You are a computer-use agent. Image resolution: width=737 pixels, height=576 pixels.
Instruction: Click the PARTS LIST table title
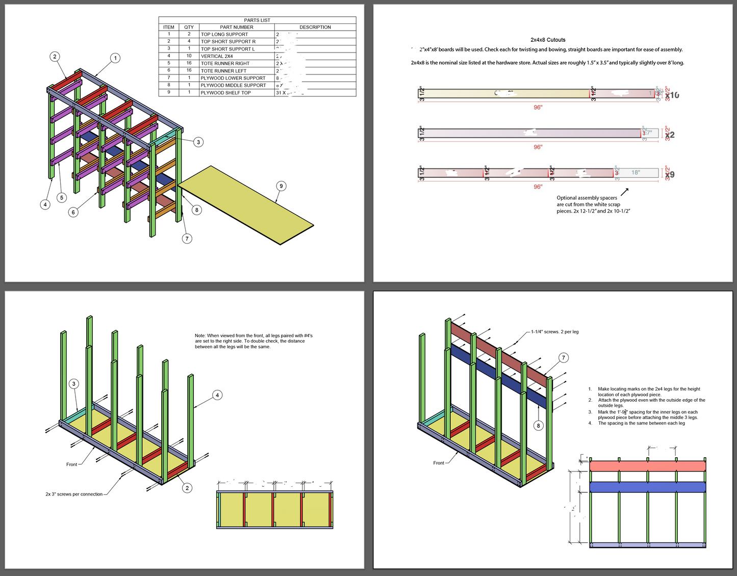pyautogui.click(x=257, y=20)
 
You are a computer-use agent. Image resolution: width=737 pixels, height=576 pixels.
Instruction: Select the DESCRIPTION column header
pyautogui.click(x=315, y=27)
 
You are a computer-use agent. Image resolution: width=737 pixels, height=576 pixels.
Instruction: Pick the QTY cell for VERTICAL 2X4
pyautogui.click(x=189, y=56)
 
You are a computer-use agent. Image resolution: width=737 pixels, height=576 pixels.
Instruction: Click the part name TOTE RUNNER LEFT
pyautogui.click(x=223, y=71)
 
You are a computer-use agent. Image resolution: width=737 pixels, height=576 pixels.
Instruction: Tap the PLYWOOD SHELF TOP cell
pyautogui.click(x=225, y=93)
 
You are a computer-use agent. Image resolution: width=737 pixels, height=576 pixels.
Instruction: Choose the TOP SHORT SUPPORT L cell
pyautogui.click(x=227, y=49)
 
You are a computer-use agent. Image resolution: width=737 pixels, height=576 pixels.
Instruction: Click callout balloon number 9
pyautogui.click(x=281, y=186)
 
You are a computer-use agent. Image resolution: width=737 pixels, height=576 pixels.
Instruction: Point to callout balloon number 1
pyautogui.click(x=115, y=58)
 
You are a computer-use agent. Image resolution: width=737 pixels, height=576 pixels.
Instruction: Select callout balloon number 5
pyautogui.click(x=62, y=197)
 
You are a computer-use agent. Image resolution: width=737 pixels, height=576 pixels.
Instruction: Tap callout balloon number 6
pyautogui.click(x=73, y=212)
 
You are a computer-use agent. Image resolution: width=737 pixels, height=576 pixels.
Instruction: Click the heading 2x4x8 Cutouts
pyautogui.click(x=548, y=40)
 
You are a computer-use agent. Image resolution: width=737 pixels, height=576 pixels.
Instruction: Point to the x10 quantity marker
pyautogui.click(x=672, y=95)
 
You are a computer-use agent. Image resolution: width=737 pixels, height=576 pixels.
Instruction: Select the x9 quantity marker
pyautogui.click(x=670, y=174)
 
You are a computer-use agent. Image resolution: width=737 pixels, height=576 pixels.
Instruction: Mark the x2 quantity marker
pyautogui.click(x=670, y=135)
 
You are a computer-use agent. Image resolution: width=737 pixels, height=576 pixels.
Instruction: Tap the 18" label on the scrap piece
pyautogui.click(x=636, y=172)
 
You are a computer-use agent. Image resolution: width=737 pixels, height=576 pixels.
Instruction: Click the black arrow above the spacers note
pyautogui.click(x=624, y=192)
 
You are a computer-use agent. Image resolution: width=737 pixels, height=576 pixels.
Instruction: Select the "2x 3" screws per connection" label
pyautogui.click(x=74, y=494)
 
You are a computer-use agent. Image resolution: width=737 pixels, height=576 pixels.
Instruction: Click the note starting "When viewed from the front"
pyautogui.click(x=253, y=341)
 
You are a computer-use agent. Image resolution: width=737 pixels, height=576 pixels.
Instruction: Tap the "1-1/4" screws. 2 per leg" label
pyautogui.click(x=554, y=332)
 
